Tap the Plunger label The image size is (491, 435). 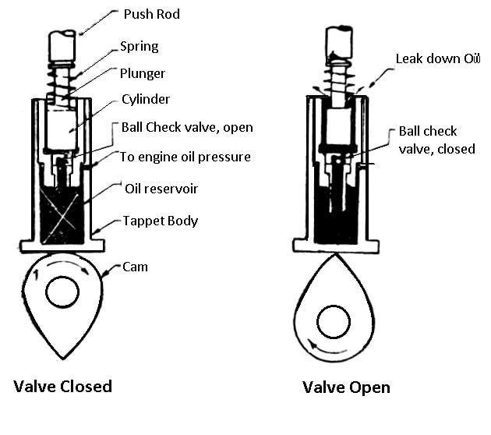coord(143,73)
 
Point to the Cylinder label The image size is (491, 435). coord(145,100)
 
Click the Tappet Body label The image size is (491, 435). coord(160,221)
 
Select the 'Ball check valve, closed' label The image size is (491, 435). coord(436,140)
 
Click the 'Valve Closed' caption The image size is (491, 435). coord(62,386)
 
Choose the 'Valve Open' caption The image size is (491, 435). coord(346,387)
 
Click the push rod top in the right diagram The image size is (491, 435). coord(341,39)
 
